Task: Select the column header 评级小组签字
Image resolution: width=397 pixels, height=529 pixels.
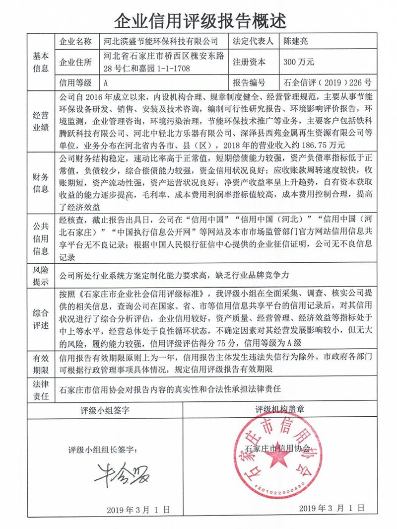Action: coord(106,411)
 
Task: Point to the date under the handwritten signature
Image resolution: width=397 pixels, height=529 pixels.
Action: coord(138,510)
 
